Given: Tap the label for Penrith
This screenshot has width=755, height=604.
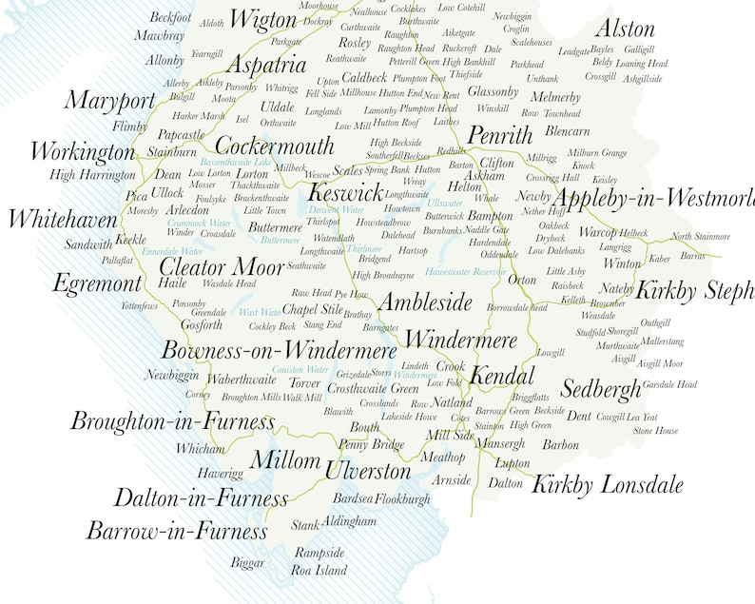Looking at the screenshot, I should (x=500, y=134).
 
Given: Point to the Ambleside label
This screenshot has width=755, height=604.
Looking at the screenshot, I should (x=425, y=302).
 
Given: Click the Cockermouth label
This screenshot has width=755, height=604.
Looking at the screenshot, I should (x=275, y=146).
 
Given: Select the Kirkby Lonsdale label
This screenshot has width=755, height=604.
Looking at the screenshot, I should (x=607, y=484).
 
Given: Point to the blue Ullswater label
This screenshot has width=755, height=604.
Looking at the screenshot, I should (x=445, y=204).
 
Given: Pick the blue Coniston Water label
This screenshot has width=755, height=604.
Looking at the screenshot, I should (x=300, y=369).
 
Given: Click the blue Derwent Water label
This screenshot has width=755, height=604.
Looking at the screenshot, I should (x=337, y=209).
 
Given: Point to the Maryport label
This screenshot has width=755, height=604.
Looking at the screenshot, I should (x=109, y=101).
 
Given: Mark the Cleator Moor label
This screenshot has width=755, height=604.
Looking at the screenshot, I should (x=222, y=266).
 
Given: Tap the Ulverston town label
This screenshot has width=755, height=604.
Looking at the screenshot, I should (x=368, y=470).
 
